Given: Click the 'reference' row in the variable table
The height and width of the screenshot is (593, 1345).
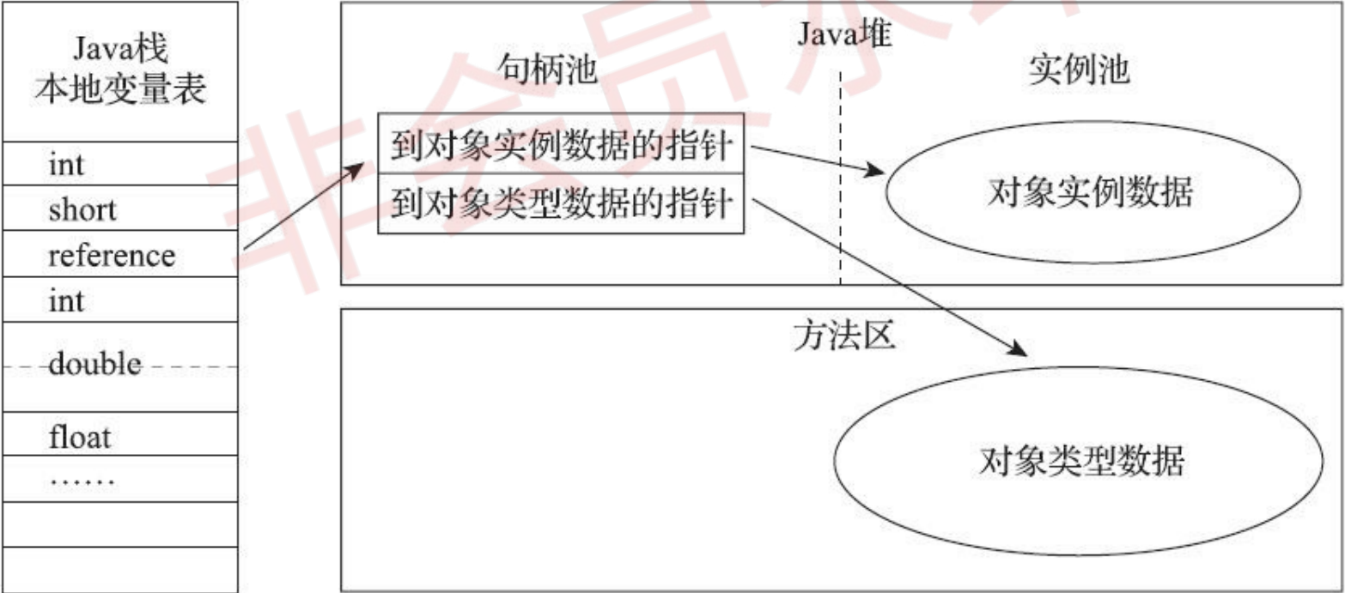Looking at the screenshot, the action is pos(112,255).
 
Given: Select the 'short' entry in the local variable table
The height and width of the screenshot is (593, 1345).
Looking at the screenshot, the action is pos(82,209).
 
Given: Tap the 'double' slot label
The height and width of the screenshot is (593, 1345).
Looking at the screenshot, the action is pos(94,365).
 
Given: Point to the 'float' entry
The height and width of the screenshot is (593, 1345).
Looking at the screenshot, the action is pos(80,438).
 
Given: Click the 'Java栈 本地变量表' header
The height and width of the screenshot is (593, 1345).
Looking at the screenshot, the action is pos(119,71).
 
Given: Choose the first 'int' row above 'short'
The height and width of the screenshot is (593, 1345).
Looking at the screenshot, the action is pos(67,164).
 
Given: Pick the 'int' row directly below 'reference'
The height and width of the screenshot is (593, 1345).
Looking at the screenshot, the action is pos(67,301).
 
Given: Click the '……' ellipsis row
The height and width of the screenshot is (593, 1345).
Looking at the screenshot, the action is pos(82,479).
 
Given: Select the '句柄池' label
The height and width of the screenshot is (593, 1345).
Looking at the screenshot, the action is pos(546,71).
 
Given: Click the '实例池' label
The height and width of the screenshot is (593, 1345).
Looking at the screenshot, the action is pos(1078,71).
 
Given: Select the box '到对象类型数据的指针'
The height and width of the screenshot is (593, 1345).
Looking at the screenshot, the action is pos(561,205).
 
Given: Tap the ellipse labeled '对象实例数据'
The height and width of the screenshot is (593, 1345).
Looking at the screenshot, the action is pos(1091,192).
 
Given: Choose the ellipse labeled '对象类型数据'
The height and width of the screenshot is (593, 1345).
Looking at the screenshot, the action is pos(1080,462).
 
